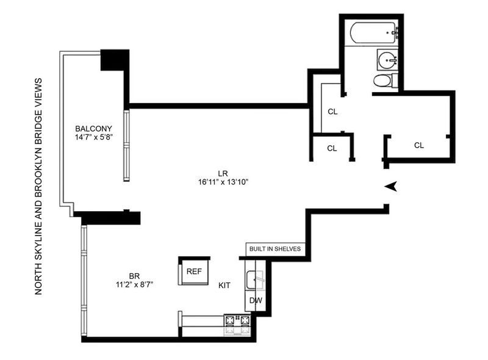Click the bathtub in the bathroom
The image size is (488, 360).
(374, 33)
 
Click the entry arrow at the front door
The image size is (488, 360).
(391, 186)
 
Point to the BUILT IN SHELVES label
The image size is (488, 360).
(275, 249)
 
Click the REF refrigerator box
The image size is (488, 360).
(194, 272)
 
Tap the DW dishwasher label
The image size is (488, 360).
(256, 301)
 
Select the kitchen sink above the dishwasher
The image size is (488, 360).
(255, 280)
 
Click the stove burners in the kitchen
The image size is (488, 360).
(237, 325)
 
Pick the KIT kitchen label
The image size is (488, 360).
(224, 286)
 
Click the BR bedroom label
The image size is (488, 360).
(134, 276)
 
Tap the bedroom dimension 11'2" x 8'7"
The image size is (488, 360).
(134, 284)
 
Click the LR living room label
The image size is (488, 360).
(223, 173)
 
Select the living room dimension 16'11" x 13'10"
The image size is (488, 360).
(223, 182)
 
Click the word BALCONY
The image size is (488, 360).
(93, 129)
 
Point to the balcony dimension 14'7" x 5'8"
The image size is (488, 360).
(93, 137)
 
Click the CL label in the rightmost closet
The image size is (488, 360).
(419, 145)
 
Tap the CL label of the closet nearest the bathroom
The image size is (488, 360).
(332, 112)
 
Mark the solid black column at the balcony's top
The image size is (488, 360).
(115, 60)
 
